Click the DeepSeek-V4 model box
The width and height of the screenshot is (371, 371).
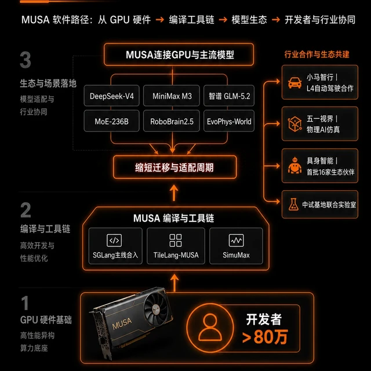click(x=112, y=96)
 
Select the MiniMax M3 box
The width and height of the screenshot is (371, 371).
click(x=172, y=96)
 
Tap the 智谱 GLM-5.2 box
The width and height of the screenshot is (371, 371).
click(x=229, y=96)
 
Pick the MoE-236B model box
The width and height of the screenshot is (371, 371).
click(x=112, y=121)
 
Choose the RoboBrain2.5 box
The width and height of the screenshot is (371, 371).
click(x=172, y=121)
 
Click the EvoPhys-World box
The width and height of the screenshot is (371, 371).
click(x=229, y=121)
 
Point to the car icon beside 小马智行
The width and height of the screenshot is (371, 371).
click(x=295, y=82)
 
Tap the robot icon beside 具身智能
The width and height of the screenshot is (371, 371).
click(x=294, y=165)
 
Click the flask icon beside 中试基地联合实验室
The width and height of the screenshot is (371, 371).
click(x=293, y=204)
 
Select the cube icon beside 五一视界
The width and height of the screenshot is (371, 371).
click(x=294, y=123)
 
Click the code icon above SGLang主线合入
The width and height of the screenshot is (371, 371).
click(x=114, y=241)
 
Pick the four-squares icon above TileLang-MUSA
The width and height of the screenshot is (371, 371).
click(x=176, y=241)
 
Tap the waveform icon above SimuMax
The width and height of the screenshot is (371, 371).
click(x=236, y=241)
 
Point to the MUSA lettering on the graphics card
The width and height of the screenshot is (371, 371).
click(x=122, y=323)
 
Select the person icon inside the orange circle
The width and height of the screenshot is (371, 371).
click(x=210, y=328)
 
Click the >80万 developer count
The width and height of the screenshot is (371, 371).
click(x=265, y=337)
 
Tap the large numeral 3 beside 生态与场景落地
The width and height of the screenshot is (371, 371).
click(x=26, y=60)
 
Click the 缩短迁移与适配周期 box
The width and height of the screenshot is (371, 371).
click(x=174, y=167)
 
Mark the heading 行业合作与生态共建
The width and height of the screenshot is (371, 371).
click(x=317, y=54)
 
